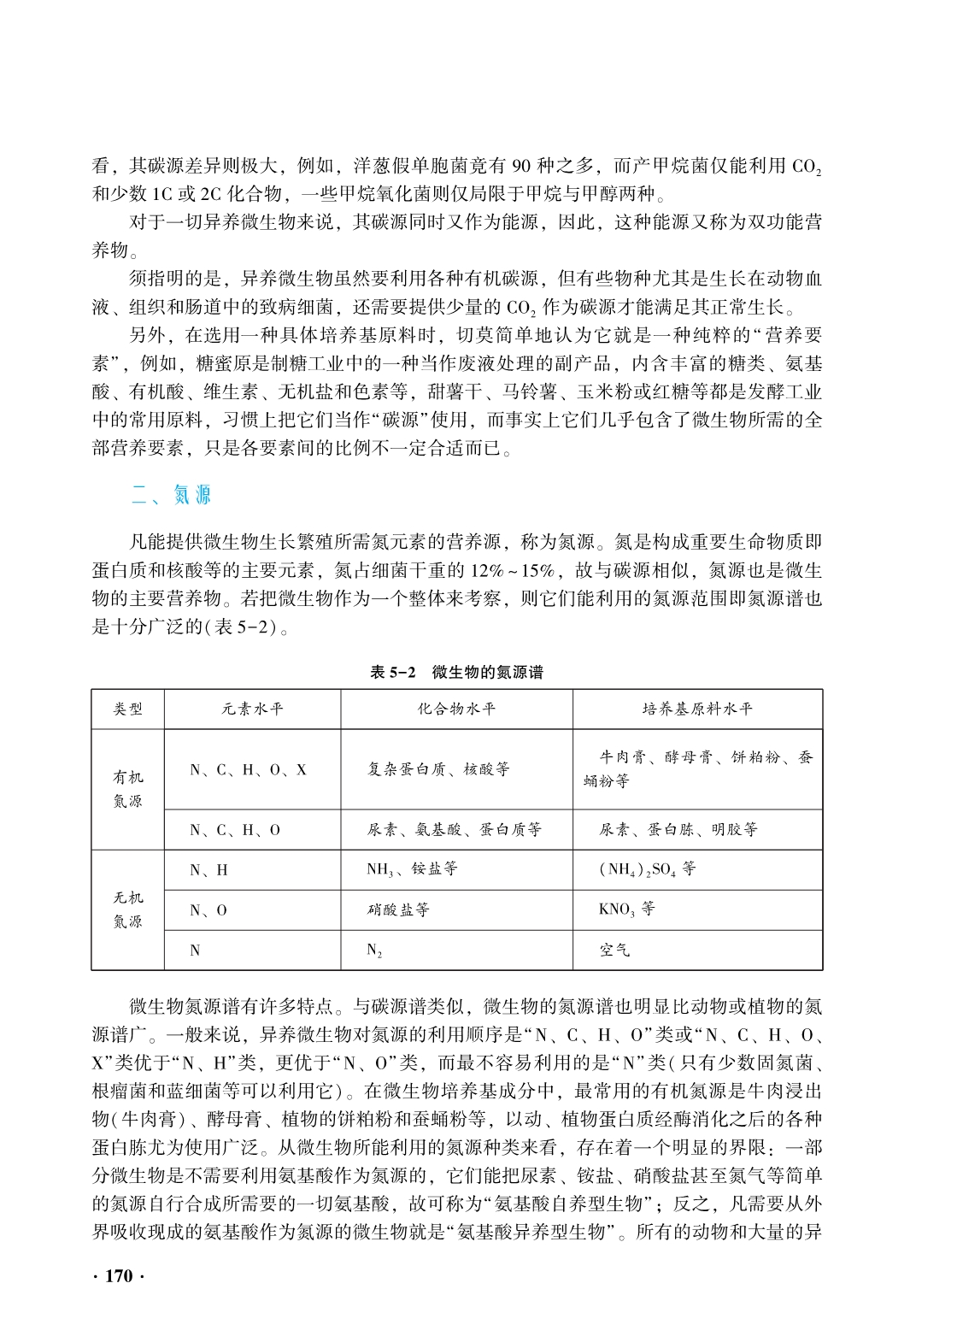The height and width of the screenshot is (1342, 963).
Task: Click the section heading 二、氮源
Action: pyautogui.click(x=170, y=495)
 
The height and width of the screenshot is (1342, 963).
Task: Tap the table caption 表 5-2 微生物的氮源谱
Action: pyautogui.click(x=456, y=672)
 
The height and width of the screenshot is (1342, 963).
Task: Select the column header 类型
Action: pyautogui.click(x=128, y=709)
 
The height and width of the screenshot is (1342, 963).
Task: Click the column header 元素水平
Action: pyautogui.click(x=252, y=709)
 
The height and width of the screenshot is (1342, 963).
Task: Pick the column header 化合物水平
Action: pyautogui.click(x=456, y=709)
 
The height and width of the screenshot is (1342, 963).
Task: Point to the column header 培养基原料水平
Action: pyautogui.click(x=697, y=709)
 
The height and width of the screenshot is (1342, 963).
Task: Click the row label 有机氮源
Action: pyautogui.click(x=128, y=789)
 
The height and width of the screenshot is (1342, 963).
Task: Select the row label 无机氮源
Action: pyautogui.click(x=128, y=909)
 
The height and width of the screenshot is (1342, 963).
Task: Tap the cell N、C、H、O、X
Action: pyautogui.click(x=248, y=769)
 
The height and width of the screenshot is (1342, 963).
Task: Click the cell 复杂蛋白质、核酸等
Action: pyautogui.click(x=438, y=769)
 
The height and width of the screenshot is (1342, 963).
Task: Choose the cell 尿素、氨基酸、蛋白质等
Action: pyautogui.click(x=454, y=829)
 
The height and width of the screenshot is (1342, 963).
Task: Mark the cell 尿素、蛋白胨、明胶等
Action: pyautogui.click(x=678, y=829)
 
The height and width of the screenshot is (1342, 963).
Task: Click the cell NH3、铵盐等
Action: pyautogui.click(x=412, y=869)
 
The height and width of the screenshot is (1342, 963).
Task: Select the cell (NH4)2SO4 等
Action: pyautogui.click(x=648, y=869)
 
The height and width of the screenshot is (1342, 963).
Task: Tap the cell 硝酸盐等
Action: pyautogui.click(x=398, y=909)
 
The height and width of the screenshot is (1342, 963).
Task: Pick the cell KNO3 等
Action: pyautogui.click(x=627, y=909)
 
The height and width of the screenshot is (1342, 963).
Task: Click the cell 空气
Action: pyautogui.click(x=614, y=950)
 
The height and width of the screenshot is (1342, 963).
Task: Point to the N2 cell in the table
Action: pyautogui.click(x=374, y=950)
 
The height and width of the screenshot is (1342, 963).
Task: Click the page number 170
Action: pyautogui.click(x=119, y=1276)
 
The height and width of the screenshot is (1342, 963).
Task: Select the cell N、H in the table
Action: pyautogui.click(x=208, y=870)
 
